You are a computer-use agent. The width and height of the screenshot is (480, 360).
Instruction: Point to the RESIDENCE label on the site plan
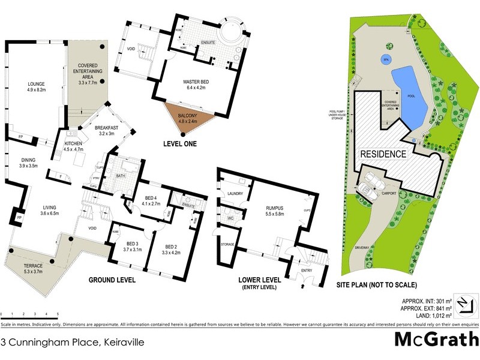[383, 154]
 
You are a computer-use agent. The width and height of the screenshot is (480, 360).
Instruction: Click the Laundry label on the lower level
[235, 193]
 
